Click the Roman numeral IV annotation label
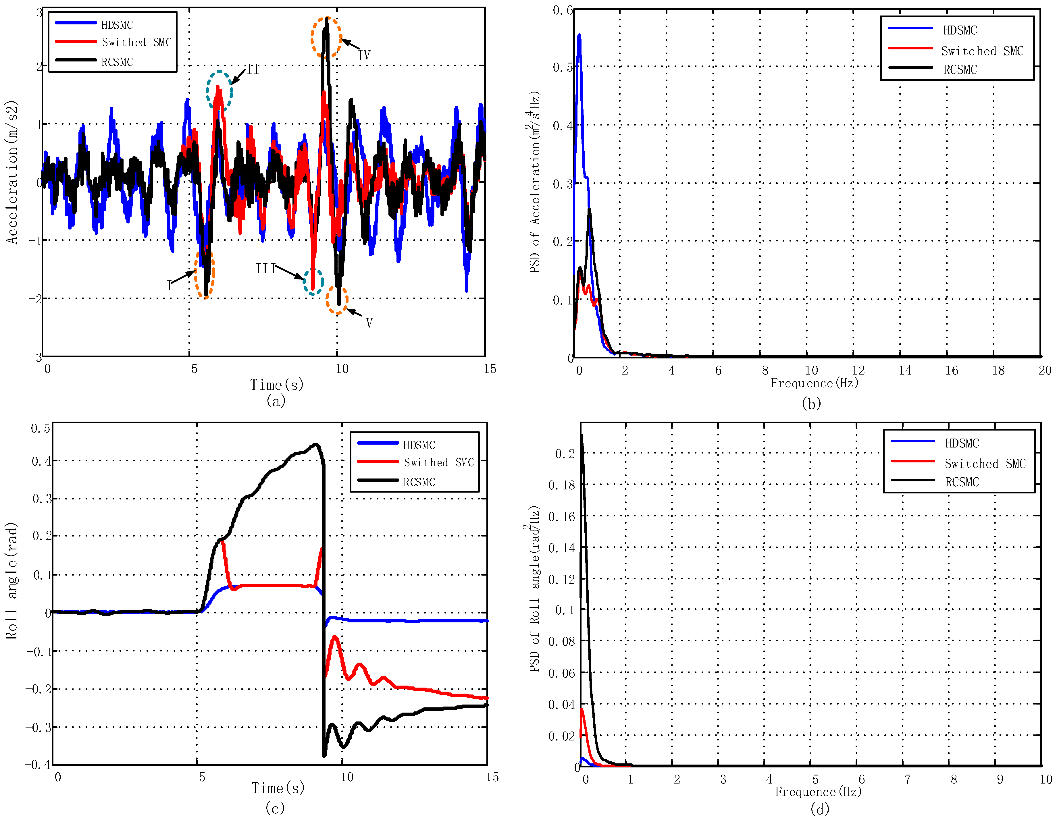pos(364,55)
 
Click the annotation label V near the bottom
pos(369,323)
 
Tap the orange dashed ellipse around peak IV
pos(326,38)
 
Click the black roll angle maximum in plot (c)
pos(315,444)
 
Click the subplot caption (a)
pos(276,401)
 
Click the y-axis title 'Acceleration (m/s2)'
pos(11,172)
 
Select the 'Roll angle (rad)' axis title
pos(11,580)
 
